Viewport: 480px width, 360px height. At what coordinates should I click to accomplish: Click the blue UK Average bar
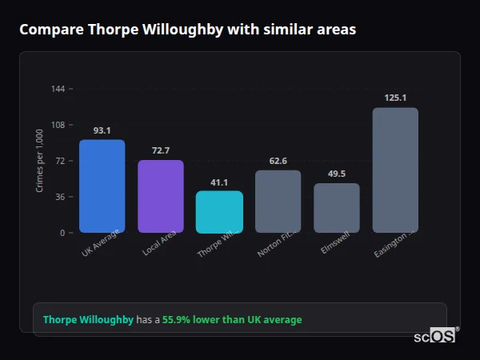(102, 186)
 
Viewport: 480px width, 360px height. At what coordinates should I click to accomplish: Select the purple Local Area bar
(161, 197)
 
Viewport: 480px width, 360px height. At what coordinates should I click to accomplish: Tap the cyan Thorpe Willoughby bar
(219, 212)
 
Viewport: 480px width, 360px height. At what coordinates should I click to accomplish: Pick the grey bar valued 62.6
(278, 202)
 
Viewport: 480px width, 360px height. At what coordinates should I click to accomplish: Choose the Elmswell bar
(337, 208)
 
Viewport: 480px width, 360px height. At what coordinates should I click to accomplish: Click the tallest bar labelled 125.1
(395, 170)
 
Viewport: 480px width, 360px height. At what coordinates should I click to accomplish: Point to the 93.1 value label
(102, 130)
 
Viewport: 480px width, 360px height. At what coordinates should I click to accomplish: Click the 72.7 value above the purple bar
(161, 150)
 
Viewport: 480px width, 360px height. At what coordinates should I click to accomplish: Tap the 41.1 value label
(219, 182)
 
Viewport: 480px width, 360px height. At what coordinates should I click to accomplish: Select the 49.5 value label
(337, 174)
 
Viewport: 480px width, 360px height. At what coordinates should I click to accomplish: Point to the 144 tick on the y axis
(58, 89)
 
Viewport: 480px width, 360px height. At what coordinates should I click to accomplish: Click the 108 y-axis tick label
(58, 125)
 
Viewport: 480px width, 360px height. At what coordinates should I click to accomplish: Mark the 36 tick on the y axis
(61, 197)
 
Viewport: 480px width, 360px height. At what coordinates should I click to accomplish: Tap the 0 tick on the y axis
(62, 233)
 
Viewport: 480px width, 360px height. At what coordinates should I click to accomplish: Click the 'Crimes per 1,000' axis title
(40, 161)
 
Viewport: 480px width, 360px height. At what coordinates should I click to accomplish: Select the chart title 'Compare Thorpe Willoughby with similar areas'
(187, 30)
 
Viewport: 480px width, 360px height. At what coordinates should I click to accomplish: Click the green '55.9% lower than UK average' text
(232, 320)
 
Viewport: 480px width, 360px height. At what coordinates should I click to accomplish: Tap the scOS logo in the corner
(435, 336)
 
